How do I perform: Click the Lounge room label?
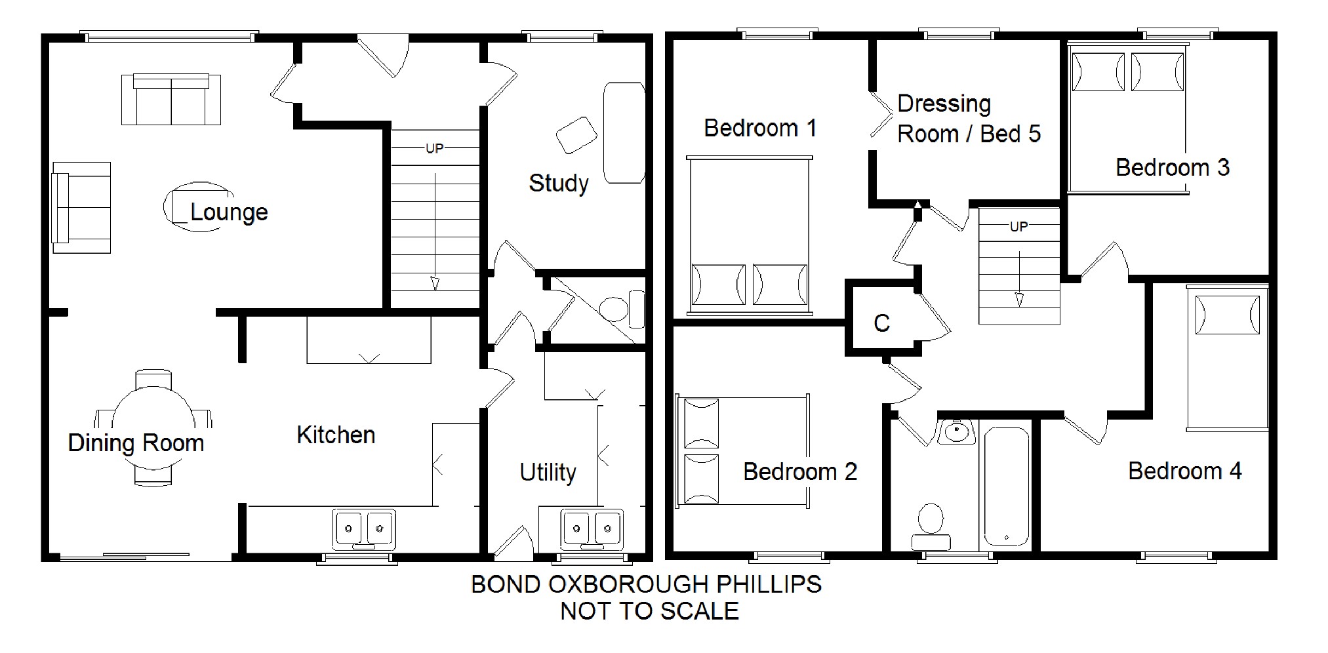click(229, 212)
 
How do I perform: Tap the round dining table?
click(153, 427)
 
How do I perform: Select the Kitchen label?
click(336, 435)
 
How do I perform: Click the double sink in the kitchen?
click(363, 528)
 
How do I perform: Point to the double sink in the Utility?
click(592, 528)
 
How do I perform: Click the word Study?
click(559, 183)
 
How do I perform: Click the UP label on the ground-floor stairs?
click(434, 149)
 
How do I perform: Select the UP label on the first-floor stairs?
click(1018, 227)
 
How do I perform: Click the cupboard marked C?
click(882, 323)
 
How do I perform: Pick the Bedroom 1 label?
click(760, 128)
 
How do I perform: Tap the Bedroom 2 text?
click(800, 471)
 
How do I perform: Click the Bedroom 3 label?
click(1173, 167)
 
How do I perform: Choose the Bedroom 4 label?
click(1185, 471)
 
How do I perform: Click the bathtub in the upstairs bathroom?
click(1006, 487)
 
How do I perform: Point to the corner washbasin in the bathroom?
click(957, 431)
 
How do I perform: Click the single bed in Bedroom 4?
click(1227, 358)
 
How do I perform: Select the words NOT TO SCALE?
click(649, 611)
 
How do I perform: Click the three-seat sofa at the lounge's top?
click(171, 99)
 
